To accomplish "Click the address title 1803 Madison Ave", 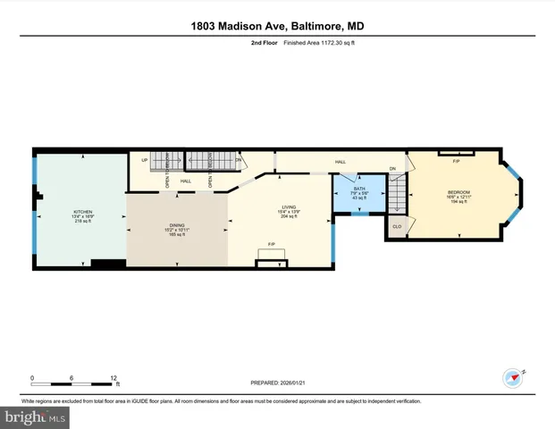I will pyautogui.click(x=277, y=27).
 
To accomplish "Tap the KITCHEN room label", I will pyautogui.click(x=81, y=213).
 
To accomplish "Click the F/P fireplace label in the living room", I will pyautogui.click(x=271, y=243).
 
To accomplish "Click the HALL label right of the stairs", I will pyautogui.click(x=341, y=162).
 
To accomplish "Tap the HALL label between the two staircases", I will pyautogui.click(x=186, y=181).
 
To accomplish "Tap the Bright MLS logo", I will pyautogui.click(x=34, y=417).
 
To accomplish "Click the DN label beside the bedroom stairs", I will pyautogui.click(x=393, y=169).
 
